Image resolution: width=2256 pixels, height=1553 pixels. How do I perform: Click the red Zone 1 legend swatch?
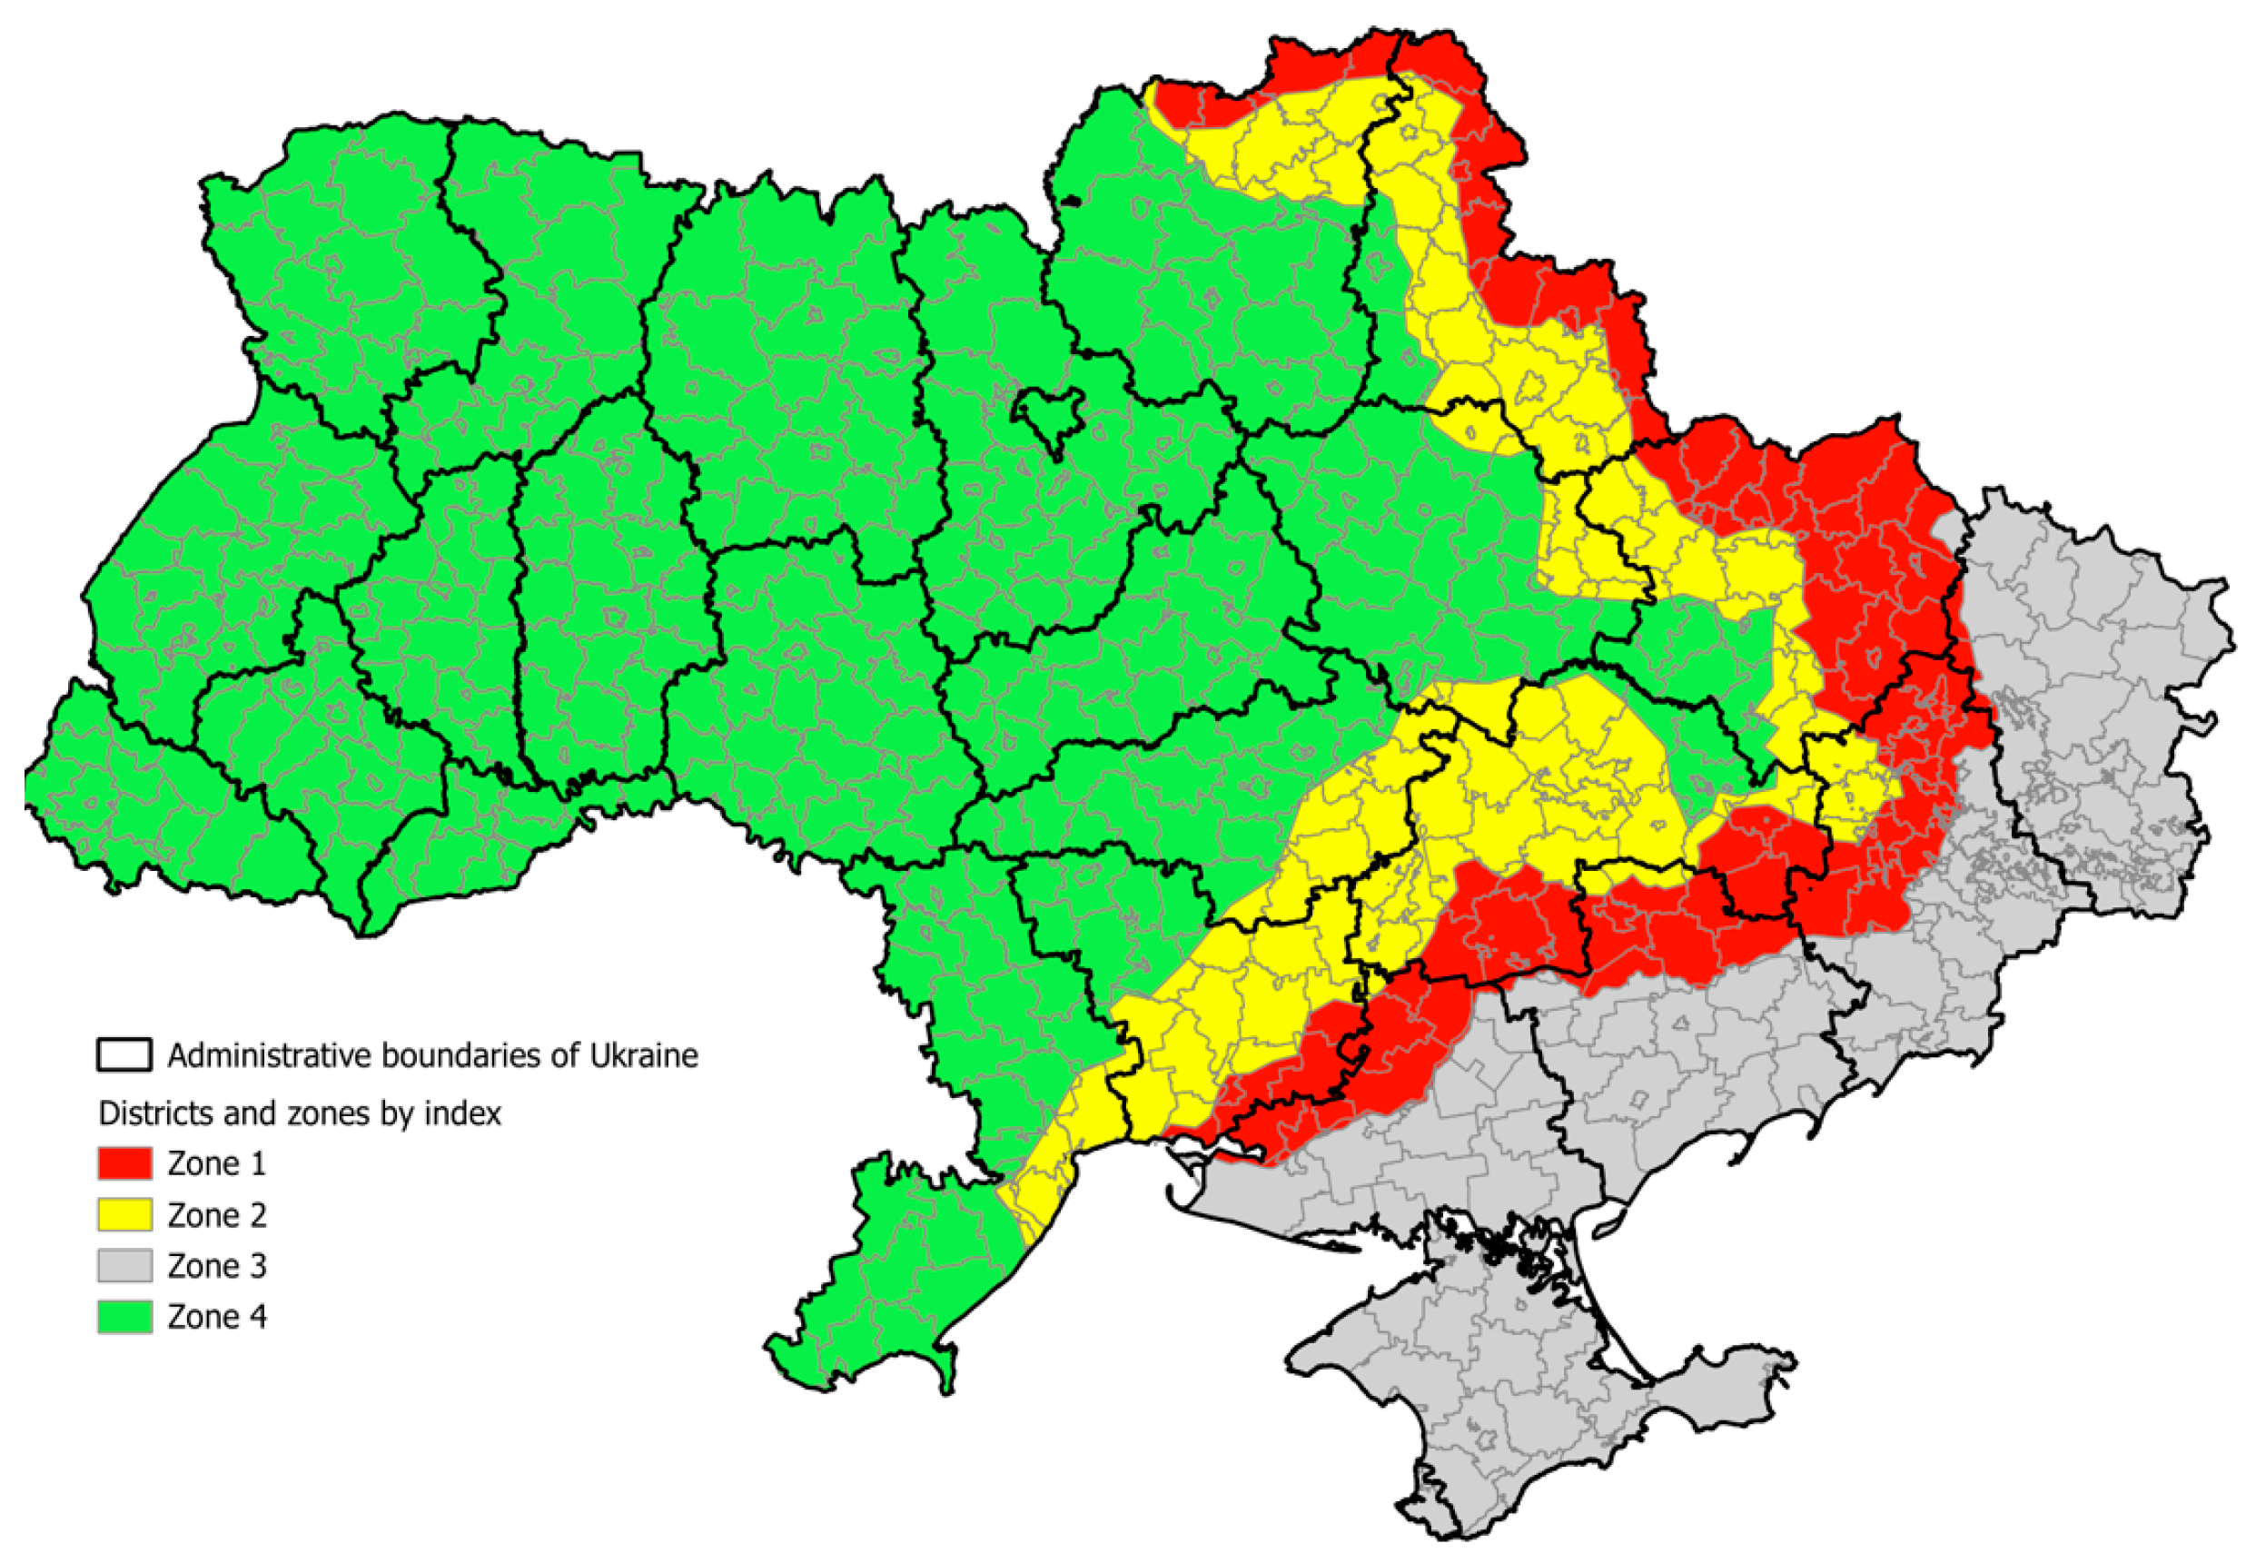[x=124, y=1162]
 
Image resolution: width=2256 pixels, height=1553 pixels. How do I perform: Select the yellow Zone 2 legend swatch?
[x=124, y=1214]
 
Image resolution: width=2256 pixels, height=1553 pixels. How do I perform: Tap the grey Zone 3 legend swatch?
[x=124, y=1265]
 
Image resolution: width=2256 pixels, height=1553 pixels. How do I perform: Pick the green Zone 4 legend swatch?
[x=124, y=1316]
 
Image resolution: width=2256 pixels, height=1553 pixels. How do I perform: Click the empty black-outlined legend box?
[x=124, y=1054]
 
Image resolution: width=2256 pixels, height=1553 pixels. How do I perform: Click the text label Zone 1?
[x=216, y=1162]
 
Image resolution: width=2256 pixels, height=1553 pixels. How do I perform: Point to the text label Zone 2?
[x=216, y=1214]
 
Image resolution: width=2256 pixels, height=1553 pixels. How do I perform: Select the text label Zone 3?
[x=216, y=1265]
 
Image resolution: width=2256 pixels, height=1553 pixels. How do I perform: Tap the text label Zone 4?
[x=216, y=1316]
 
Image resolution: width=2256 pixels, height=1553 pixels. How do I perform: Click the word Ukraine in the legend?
[x=644, y=1054]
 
